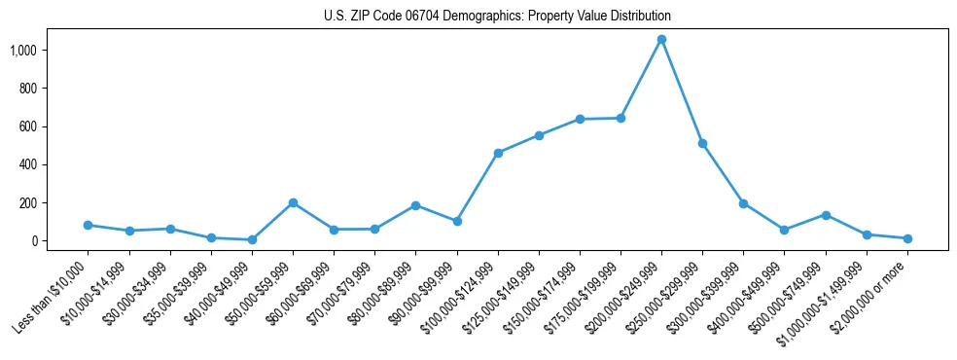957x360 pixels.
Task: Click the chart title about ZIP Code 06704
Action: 497,17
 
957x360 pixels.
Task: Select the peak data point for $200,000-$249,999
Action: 661,40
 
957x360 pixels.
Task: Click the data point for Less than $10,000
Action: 89,225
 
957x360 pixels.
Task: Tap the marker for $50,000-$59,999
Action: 293,202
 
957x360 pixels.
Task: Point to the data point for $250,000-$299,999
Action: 702,143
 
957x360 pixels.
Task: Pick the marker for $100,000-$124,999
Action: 498,153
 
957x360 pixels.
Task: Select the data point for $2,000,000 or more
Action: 907,238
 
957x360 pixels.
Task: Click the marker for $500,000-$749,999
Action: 826,215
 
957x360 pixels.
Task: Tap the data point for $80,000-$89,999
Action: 416,205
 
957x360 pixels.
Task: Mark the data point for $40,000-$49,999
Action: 252,239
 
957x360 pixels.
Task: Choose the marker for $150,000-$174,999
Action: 580,119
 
